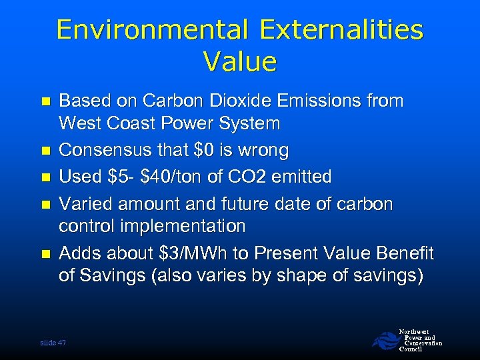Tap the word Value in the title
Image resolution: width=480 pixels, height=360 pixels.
pyautogui.click(x=240, y=62)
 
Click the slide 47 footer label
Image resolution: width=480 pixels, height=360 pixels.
pyautogui.click(x=53, y=342)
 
